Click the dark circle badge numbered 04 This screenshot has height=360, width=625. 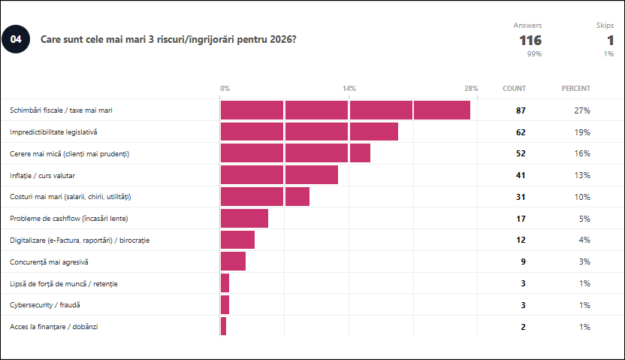tap(16, 39)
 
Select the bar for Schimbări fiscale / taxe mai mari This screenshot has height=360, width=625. tap(345, 110)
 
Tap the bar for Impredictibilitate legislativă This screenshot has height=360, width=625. tap(309, 132)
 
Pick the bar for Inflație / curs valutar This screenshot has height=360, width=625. tap(279, 175)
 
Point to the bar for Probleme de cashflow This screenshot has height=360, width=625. tap(244, 218)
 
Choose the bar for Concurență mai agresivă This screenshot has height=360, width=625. tap(233, 262)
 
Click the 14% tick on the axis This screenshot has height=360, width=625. tap(349, 89)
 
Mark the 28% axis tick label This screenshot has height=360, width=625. tap(471, 89)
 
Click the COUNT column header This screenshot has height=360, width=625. tap(514, 89)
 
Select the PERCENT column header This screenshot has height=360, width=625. tap(575, 89)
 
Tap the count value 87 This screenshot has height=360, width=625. tap(521, 110)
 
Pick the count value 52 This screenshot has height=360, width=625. tap(521, 154)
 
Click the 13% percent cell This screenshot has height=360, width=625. tap(583, 176)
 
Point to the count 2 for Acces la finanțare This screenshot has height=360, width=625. tap(523, 327)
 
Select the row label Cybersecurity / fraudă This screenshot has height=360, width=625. tap(44, 305)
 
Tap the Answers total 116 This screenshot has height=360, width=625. tap(530, 40)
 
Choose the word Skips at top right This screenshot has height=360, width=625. tap(605, 25)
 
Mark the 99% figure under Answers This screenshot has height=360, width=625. tap(534, 54)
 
